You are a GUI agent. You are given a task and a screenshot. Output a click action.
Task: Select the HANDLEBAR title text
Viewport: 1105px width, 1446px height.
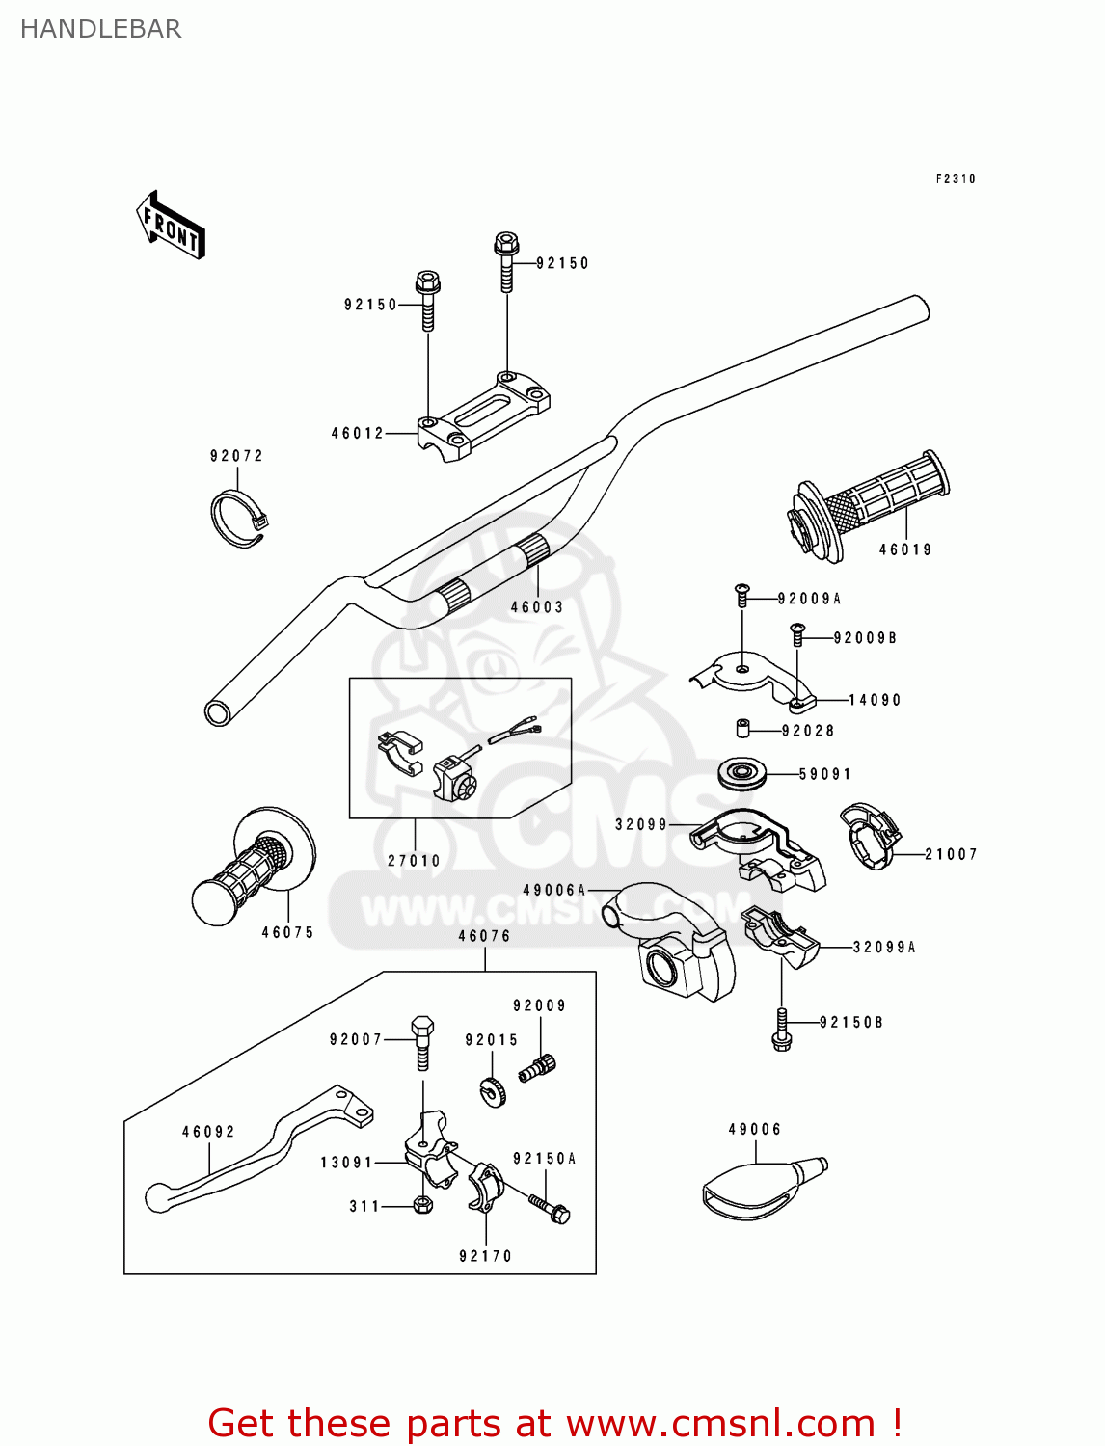(x=100, y=29)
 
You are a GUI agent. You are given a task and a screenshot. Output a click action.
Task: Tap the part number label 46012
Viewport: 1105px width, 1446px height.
(x=358, y=434)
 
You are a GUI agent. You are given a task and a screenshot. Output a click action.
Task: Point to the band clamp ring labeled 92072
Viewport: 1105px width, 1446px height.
(x=237, y=520)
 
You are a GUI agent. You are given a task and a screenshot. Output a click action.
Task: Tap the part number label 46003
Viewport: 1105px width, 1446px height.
(x=536, y=607)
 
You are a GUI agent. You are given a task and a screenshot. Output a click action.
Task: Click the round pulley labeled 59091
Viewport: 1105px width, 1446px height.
(x=742, y=773)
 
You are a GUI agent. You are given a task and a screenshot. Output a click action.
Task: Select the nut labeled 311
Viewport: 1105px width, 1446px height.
(x=422, y=1205)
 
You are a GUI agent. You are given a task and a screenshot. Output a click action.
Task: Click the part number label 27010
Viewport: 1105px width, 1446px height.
(x=414, y=861)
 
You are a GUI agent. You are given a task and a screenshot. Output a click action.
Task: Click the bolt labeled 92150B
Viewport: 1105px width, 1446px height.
(x=781, y=1029)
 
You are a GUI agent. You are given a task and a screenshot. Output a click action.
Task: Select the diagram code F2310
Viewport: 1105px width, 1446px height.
(x=956, y=179)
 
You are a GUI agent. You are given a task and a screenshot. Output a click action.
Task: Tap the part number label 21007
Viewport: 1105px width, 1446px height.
(x=951, y=854)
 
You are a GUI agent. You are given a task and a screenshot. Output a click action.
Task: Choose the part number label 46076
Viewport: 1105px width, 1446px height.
(x=484, y=936)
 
